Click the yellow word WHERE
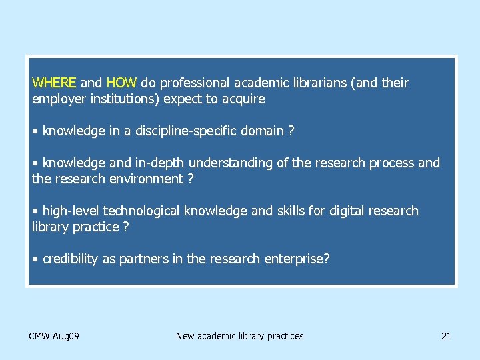click(55, 83)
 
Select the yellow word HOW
click(121, 83)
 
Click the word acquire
click(242, 99)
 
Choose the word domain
click(261, 131)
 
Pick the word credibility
click(70, 259)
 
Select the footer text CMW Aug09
click(54, 336)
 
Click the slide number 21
click(446, 336)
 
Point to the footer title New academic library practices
click(239, 336)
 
